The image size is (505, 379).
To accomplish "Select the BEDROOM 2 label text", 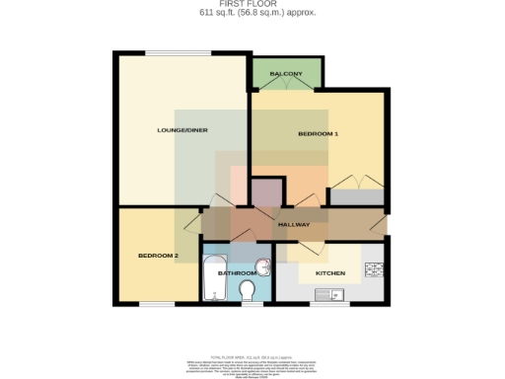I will click(158, 257).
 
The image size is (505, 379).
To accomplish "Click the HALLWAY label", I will click(294, 224).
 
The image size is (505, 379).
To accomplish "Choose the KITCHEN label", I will click(329, 272).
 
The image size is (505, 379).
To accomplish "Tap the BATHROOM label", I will click(237, 272).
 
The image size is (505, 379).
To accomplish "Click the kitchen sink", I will click(326, 293).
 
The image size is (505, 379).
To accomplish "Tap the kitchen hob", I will click(373, 270).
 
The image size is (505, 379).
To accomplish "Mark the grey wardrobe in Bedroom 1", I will click(356, 196).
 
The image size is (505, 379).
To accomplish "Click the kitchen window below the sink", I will click(326, 303).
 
